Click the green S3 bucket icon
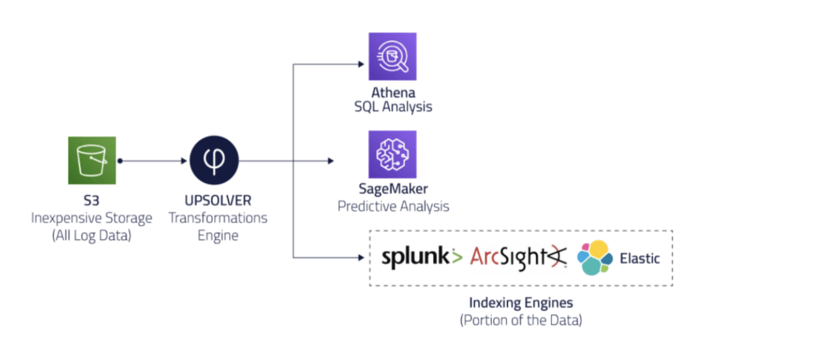click(x=91, y=160)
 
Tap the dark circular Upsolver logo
click(x=214, y=160)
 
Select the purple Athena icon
click(x=392, y=56)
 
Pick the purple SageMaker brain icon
click(x=392, y=154)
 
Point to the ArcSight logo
click(x=517, y=258)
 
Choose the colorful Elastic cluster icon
click(x=594, y=258)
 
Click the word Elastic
click(x=640, y=258)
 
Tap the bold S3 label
click(x=91, y=200)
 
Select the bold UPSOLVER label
click(x=218, y=200)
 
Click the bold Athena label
click(x=393, y=93)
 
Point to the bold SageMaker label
click(x=393, y=189)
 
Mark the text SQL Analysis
click(x=393, y=106)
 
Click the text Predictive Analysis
click(x=393, y=206)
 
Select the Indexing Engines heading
click(x=521, y=304)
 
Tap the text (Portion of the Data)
click(x=521, y=321)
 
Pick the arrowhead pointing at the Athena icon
click(x=360, y=64)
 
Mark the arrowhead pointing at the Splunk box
click(x=360, y=258)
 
